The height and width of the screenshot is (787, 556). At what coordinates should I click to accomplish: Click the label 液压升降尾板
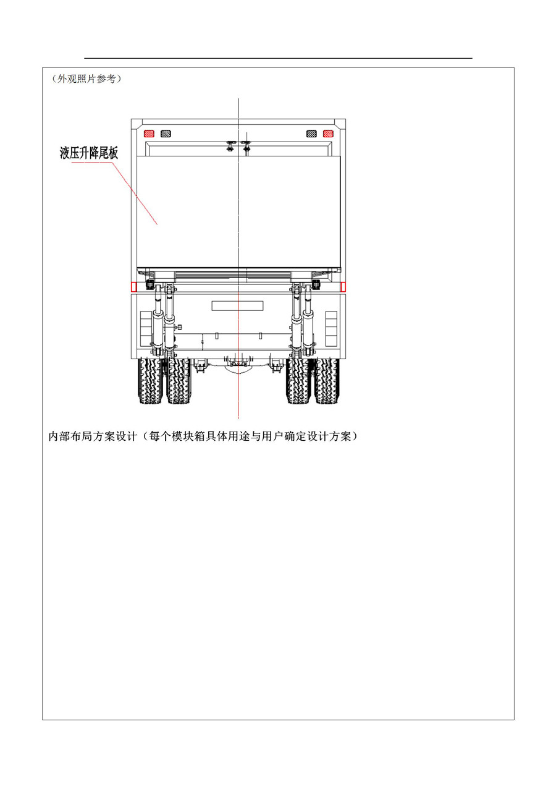point(89,153)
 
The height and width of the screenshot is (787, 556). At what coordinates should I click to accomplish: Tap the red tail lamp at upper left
point(149,134)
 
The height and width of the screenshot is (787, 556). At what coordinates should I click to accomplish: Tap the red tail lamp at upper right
point(328,134)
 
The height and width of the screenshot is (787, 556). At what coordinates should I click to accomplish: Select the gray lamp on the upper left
point(166,134)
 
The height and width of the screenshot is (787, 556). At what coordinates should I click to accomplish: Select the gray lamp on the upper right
point(311,134)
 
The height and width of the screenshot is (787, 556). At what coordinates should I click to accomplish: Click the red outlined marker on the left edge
point(133,287)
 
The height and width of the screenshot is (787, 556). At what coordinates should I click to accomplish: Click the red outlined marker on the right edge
point(343,287)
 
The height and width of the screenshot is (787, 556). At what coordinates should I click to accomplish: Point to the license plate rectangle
point(238,305)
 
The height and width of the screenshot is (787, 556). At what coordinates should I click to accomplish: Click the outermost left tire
point(150,381)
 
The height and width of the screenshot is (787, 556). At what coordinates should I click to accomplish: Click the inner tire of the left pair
point(179,381)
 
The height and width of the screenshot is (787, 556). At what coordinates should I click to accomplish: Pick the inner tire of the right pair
point(298,381)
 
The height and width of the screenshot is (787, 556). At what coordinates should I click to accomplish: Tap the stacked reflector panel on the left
point(146,328)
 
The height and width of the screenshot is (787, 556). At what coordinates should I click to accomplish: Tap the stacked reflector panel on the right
point(331,328)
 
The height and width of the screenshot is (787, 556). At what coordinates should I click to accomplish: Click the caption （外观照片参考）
point(86,79)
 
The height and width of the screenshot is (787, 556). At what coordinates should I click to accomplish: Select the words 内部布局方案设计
point(93,436)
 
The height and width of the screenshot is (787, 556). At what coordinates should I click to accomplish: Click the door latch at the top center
point(238,145)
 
